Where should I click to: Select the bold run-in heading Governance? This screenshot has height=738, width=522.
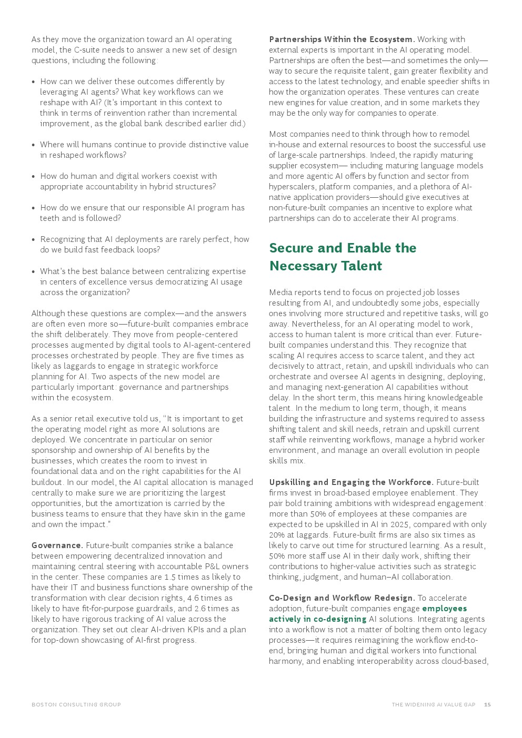(57, 545)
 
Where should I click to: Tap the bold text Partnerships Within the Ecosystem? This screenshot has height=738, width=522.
(342, 39)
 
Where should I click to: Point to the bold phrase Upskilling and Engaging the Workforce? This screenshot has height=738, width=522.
(351, 482)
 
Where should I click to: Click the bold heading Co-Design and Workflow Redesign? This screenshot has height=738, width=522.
(342, 598)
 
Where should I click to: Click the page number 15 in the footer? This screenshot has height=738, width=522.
(487, 705)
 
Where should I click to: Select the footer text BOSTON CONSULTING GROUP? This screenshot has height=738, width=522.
(76, 705)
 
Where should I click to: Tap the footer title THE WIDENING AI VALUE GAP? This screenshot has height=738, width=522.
(433, 705)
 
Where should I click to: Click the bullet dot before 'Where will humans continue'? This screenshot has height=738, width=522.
(34, 145)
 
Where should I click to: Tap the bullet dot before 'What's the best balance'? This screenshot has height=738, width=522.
(34, 272)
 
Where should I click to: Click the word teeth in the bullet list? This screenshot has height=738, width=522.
(49, 218)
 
